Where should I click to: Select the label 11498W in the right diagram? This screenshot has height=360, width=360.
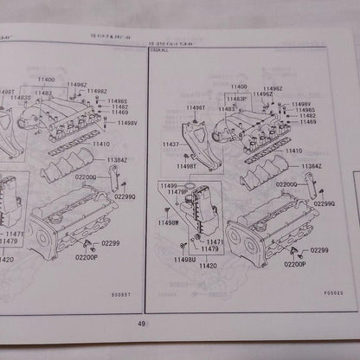[x=168, y=222]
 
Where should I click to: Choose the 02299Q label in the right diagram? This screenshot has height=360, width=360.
[x=325, y=202]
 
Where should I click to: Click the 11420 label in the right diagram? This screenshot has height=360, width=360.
[x=208, y=267]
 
